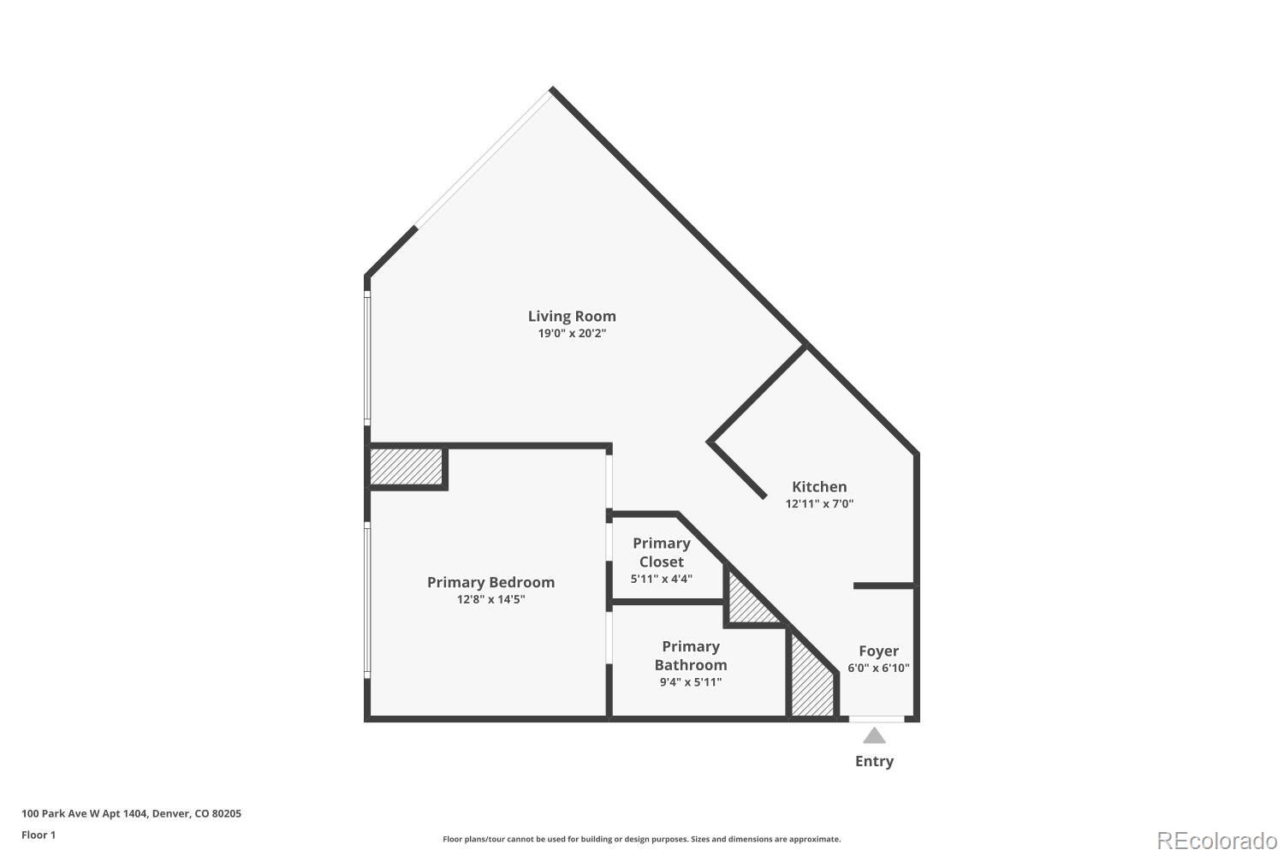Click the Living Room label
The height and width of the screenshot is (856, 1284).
572,316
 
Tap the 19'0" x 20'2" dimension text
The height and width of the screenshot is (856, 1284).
572,333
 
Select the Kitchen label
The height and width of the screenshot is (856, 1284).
819,487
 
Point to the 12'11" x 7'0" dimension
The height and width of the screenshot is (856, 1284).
819,504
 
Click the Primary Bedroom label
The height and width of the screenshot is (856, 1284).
490,583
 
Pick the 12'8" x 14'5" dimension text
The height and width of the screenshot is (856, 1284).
490,600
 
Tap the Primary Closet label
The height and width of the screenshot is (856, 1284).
662,553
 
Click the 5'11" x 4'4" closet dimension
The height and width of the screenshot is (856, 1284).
662,579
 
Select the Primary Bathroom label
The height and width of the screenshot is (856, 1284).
691,656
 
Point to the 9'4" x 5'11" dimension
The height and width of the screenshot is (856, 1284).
691,682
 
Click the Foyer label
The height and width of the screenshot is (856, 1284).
879,651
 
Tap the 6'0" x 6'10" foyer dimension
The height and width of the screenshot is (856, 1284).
879,668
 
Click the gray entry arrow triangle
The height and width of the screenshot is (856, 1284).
874,736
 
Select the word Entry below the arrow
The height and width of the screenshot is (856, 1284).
874,761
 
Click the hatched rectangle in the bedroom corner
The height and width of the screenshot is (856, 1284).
407,467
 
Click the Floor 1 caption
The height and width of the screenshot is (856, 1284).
39,835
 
